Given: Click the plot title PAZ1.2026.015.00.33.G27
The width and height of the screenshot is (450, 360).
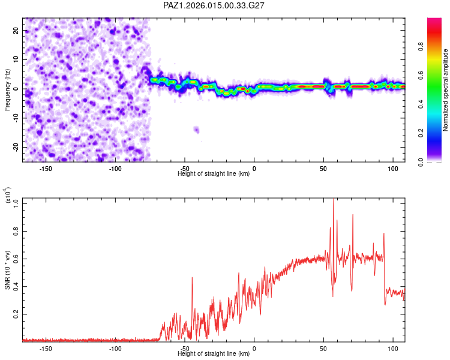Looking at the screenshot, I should click(214, 5).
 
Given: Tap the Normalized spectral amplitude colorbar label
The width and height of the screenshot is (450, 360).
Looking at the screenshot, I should click(446, 90).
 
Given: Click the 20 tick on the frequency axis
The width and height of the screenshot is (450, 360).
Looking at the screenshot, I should click(16, 30).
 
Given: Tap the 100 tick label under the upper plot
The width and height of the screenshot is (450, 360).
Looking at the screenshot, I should click(393, 167).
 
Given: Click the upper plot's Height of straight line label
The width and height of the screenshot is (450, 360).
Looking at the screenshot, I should click(214, 174).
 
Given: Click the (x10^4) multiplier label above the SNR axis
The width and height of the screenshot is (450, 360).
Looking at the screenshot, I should click(7, 196).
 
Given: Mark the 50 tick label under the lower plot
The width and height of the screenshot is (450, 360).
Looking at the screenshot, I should click(323, 348).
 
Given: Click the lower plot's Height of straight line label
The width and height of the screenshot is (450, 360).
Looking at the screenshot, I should click(214, 355).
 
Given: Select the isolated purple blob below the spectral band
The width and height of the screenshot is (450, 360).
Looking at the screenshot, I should click(196, 129).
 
